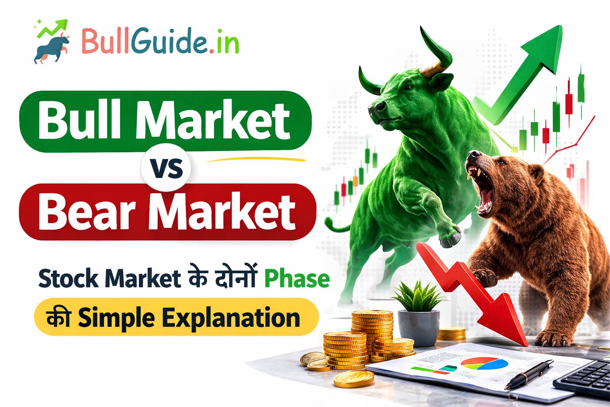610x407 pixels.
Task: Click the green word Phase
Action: pyautogui.click(x=297, y=279)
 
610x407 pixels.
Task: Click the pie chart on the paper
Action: pyautogui.click(x=485, y=363)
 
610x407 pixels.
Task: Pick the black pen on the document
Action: pyautogui.click(x=528, y=374)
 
